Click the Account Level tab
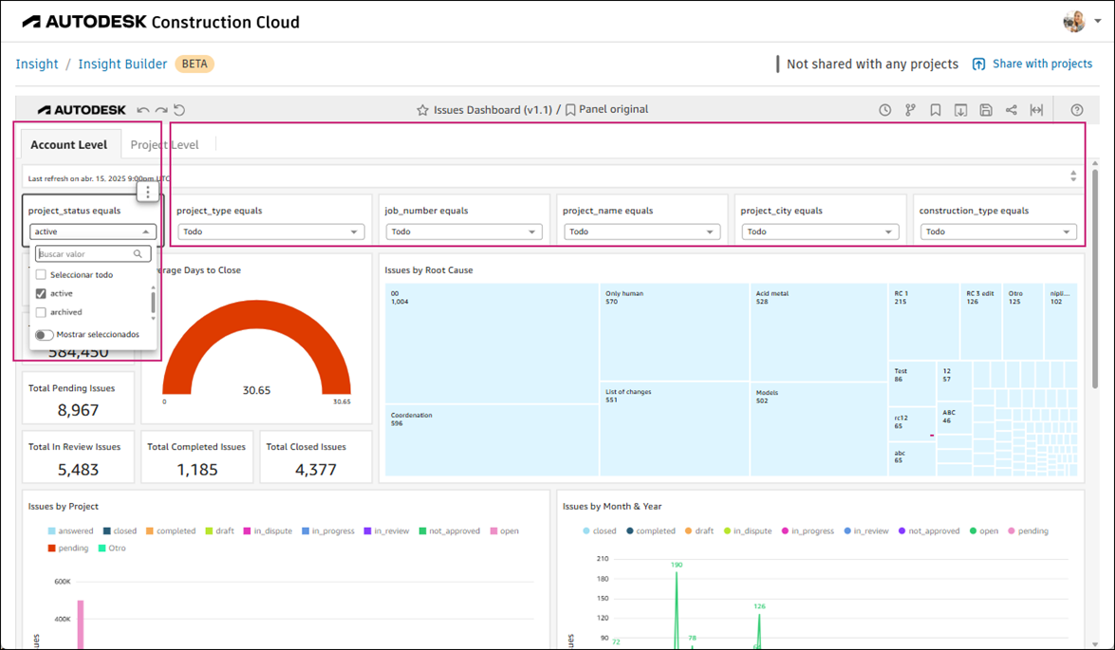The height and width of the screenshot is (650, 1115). point(68,145)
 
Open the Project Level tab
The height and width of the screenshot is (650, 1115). point(164,145)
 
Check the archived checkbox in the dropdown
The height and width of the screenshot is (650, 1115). point(41,312)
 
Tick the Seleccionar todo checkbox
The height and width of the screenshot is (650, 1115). point(41,275)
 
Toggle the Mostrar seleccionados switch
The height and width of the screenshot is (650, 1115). point(45,335)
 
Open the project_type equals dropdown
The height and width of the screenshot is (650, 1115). point(270,232)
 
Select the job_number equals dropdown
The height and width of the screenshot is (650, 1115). point(463,232)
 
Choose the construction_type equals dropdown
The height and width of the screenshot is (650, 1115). point(997,232)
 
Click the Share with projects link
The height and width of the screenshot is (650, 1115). point(1032,64)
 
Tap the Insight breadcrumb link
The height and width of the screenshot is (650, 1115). point(37,64)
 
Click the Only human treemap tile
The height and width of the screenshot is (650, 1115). point(674,332)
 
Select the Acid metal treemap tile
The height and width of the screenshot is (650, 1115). point(819,332)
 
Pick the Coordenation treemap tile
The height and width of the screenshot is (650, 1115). point(492,440)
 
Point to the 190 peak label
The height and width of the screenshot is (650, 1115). point(677,565)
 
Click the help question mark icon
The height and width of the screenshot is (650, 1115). point(1077,110)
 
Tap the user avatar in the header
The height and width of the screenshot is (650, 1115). point(1074,21)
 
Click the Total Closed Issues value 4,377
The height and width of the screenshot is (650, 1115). point(315,469)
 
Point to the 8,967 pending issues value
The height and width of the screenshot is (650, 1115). point(78,410)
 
